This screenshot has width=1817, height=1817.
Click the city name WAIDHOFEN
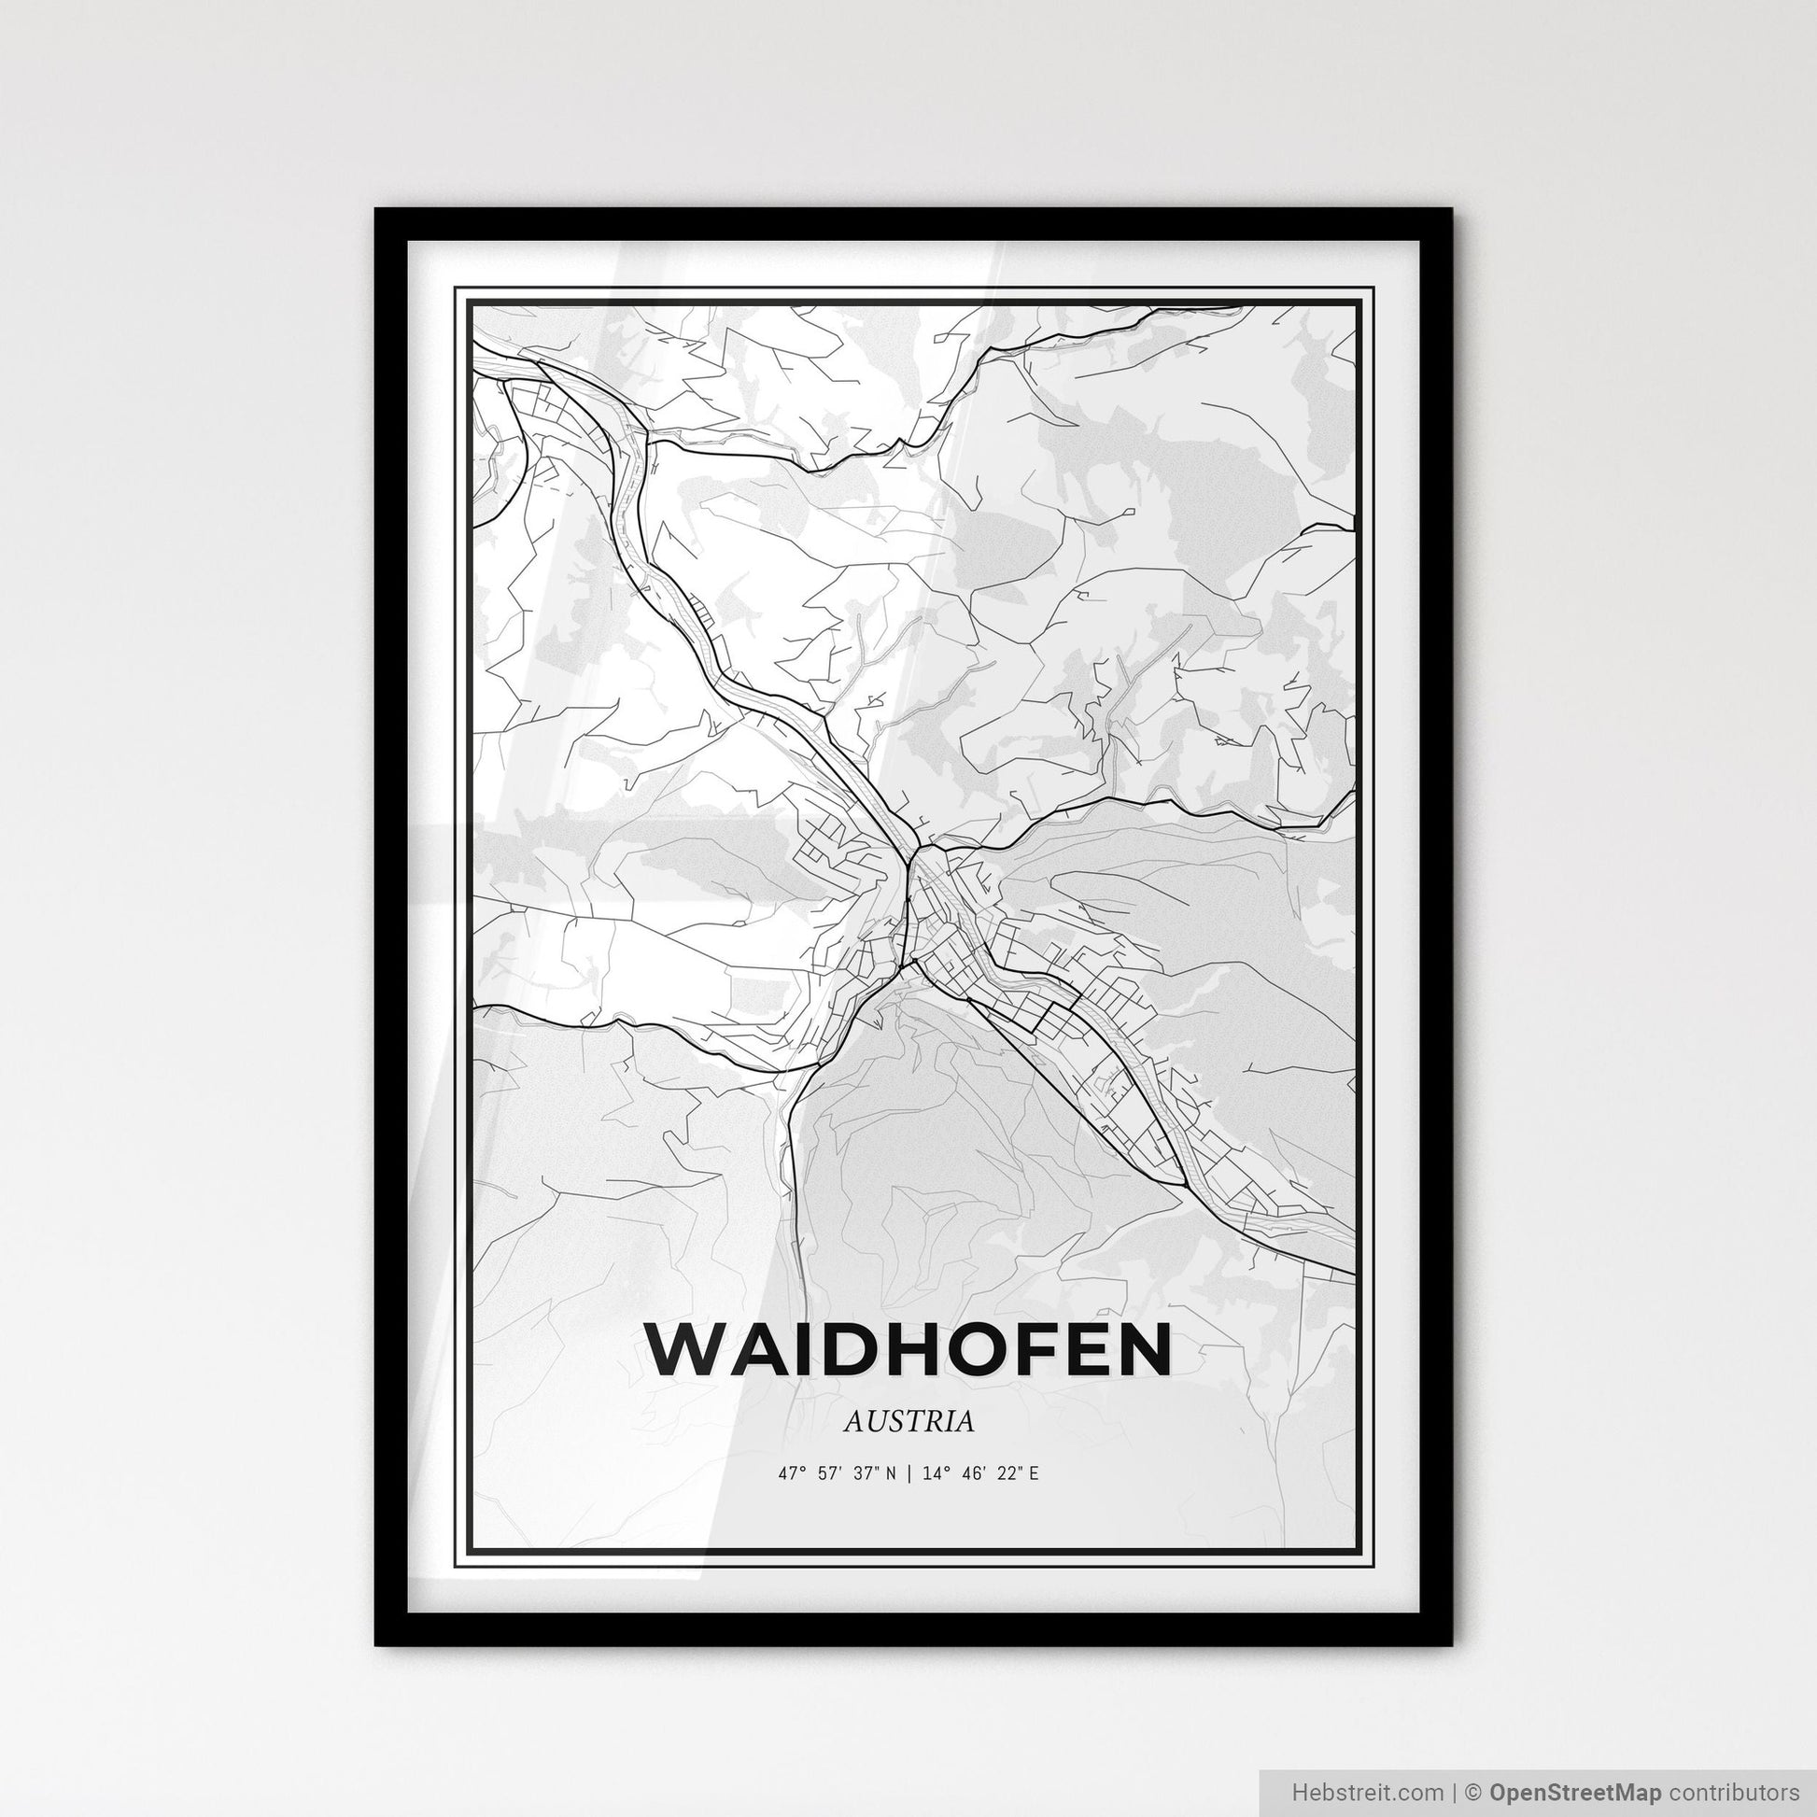pos(908,1350)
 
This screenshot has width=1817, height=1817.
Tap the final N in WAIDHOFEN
pos(1143,1350)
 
